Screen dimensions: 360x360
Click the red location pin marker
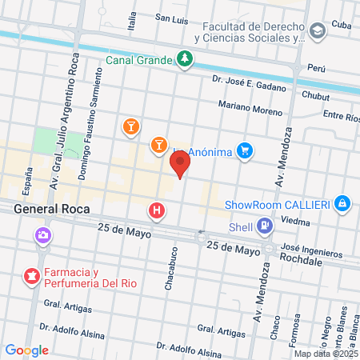[181, 163]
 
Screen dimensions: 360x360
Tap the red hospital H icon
[157, 211]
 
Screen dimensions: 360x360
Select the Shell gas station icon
[265, 227]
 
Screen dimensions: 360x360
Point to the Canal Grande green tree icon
[185, 59]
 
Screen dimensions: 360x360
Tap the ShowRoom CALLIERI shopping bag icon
[342, 203]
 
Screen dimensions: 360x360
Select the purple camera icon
[42, 236]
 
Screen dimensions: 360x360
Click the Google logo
[26, 350]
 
